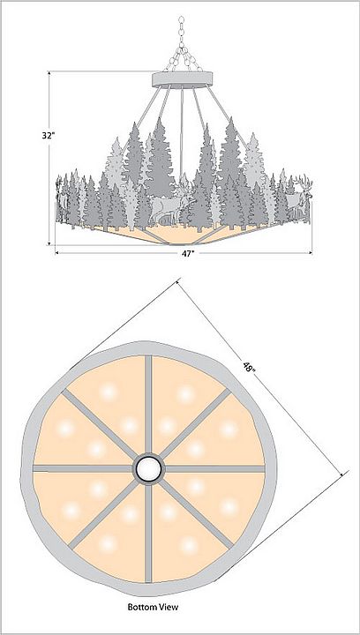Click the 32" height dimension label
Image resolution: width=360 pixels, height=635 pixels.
click(x=48, y=135)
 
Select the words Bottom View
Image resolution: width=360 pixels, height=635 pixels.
click(x=153, y=607)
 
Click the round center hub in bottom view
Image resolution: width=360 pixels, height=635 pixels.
click(x=148, y=468)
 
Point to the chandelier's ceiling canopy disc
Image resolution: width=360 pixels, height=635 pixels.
click(x=183, y=79)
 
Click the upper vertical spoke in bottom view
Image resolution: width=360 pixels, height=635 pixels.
click(x=148, y=405)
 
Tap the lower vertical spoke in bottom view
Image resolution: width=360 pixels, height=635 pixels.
click(x=148, y=533)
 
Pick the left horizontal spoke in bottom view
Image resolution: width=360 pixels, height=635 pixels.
click(x=83, y=468)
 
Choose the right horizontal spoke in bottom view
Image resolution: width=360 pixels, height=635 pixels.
click(x=214, y=468)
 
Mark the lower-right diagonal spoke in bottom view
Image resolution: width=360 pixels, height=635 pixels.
click(x=198, y=513)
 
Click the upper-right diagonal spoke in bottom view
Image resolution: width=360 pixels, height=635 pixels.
click(x=195, y=423)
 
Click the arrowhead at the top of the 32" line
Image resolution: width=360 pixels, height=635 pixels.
click(x=49, y=74)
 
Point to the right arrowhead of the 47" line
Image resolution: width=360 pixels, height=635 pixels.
click(x=309, y=253)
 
